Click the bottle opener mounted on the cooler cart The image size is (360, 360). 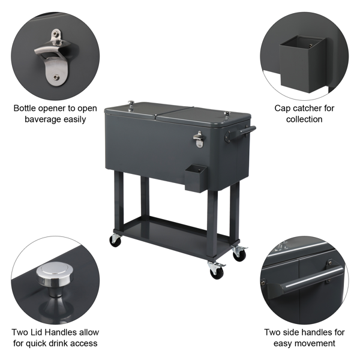click(199, 140)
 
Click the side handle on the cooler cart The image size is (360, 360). click(241, 134)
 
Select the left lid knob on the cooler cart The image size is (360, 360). click(131, 106)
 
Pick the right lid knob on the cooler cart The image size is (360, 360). click(227, 115)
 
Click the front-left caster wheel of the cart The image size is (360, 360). click(115, 241)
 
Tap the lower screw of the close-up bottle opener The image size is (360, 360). click(56, 77)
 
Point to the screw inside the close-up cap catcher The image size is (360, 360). click(311, 46)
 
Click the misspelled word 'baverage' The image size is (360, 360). click(43, 119)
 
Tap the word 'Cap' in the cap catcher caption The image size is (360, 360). click(281, 109)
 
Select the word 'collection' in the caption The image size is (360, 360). click(304, 119)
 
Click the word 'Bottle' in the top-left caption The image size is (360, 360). click(25, 108)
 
